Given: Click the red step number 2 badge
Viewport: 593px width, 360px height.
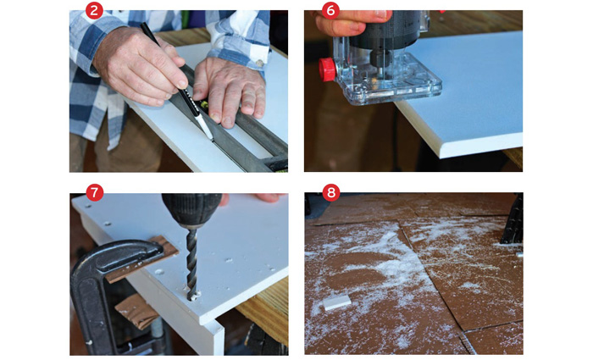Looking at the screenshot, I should coord(95,11).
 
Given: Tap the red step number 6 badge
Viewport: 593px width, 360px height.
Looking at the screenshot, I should coord(330,11).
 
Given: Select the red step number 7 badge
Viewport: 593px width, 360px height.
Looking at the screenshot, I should coord(95,193).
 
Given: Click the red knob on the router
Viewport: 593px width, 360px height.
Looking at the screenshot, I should coord(327,69).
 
